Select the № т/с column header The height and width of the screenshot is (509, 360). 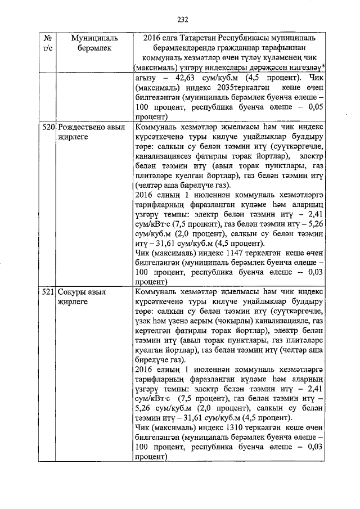tap(47, 42)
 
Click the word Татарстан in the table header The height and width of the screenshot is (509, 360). tap(201, 37)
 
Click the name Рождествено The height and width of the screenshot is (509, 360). tap(80, 128)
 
